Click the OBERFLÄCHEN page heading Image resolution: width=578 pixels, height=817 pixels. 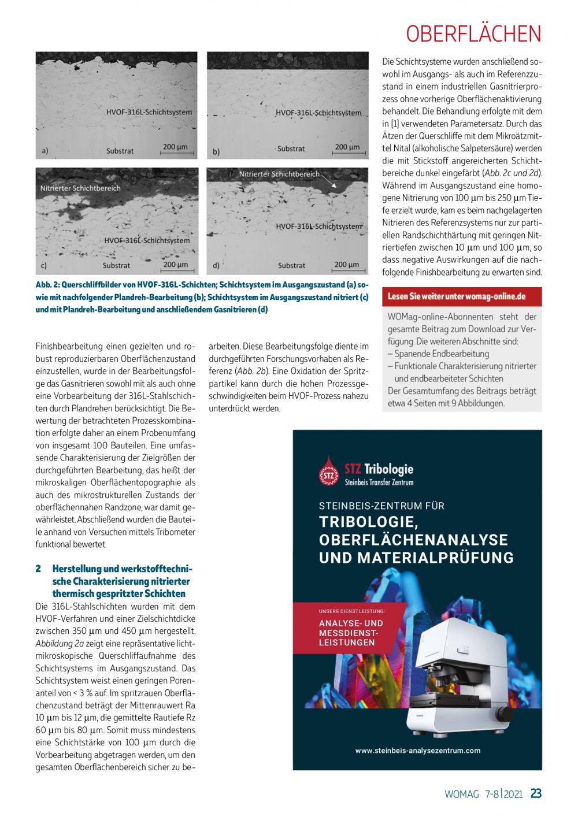point(473,34)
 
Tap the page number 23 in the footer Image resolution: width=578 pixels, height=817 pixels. point(536,793)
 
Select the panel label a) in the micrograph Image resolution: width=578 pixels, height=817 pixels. point(45,151)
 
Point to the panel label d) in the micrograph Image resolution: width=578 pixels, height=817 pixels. point(216,265)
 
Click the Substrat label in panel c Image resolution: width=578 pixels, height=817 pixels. point(116,265)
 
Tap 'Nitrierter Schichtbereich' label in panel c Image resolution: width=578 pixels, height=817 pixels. point(80,188)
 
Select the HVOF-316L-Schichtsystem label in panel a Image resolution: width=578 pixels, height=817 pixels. point(149,112)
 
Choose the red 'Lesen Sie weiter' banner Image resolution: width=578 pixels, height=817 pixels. point(462,296)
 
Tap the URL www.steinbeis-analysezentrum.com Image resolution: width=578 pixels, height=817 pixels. point(417,751)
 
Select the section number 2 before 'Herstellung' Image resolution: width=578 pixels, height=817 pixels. point(38,569)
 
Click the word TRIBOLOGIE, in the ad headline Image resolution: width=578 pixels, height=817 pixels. point(368,522)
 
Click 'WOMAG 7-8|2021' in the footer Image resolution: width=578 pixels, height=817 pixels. point(483,794)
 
